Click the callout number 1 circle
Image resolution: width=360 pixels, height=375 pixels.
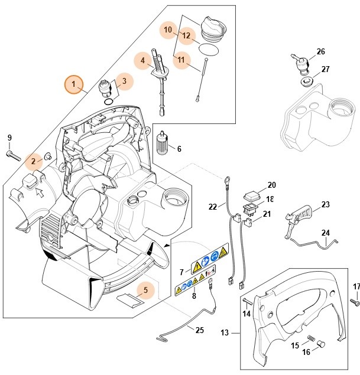click(74, 85)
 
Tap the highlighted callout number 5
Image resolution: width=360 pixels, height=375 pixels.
click(145, 290)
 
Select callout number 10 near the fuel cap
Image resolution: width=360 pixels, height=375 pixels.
click(168, 29)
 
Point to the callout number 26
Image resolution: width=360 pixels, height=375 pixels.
click(320, 51)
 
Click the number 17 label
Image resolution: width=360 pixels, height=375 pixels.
click(356, 287)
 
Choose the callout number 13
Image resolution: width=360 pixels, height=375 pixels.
click(225, 333)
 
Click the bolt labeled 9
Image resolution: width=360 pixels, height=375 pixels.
click(13, 155)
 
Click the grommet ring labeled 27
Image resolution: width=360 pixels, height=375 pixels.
click(307, 80)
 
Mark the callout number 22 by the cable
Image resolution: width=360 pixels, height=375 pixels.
click(213, 206)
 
